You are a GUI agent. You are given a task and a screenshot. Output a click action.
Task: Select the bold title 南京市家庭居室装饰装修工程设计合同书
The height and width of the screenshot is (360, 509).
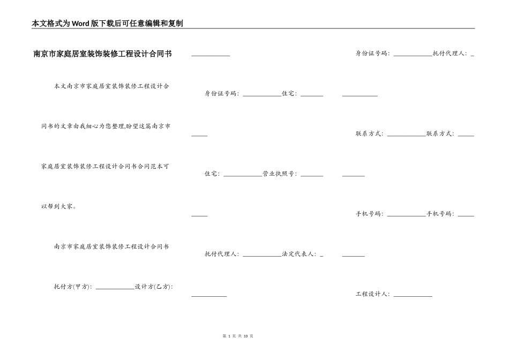click(x=102, y=54)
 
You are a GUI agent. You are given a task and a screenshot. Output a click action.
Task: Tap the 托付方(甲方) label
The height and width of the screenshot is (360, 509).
click(x=72, y=287)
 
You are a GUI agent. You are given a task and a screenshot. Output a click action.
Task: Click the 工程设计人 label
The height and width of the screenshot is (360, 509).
click(x=373, y=294)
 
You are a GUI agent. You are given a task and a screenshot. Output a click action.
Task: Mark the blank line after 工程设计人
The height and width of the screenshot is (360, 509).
click(x=413, y=296)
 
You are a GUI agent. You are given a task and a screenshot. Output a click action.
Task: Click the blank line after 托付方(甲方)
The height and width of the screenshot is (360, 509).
click(x=115, y=288)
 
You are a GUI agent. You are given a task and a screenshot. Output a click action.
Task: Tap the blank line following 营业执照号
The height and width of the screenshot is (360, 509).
click(x=312, y=175)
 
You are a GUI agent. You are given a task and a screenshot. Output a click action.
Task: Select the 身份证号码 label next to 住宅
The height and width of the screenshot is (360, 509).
click(x=221, y=93)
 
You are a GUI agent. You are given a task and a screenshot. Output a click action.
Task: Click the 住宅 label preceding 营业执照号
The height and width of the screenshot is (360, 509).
click(x=212, y=174)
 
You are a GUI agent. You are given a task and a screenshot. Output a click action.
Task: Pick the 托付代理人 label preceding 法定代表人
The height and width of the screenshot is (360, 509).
click(x=222, y=254)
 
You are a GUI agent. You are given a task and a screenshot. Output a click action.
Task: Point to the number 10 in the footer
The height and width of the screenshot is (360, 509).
click(x=245, y=336)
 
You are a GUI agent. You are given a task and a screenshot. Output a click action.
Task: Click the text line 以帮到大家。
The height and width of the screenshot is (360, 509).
click(x=59, y=206)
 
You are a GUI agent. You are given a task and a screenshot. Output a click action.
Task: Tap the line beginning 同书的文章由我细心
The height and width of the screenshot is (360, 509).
click(x=106, y=126)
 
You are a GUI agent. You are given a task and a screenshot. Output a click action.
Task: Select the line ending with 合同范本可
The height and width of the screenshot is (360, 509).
click(x=106, y=166)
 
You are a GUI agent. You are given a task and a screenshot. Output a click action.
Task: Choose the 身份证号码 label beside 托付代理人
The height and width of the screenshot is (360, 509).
click(x=373, y=53)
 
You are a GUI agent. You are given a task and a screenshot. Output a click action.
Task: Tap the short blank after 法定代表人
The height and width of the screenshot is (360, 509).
click(x=321, y=256)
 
